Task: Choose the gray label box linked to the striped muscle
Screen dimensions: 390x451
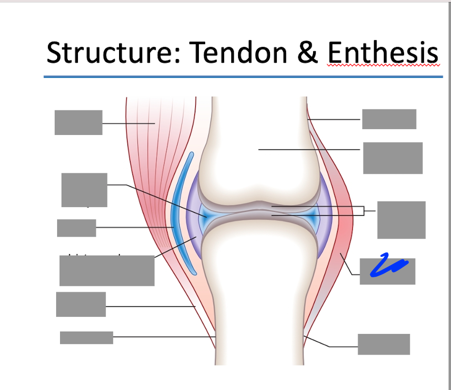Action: (x=78, y=122)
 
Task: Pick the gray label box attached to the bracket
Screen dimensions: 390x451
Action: (x=401, y=220)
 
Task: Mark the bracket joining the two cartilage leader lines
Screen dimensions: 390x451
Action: (x=363, y=211)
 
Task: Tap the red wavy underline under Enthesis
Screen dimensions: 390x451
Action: (x=383, y=65)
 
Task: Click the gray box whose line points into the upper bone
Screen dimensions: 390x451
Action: (x=392, y=158)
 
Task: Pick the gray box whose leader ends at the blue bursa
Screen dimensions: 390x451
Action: (x=76, y=228)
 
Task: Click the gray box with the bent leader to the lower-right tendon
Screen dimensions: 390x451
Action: (x=384, y=344)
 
